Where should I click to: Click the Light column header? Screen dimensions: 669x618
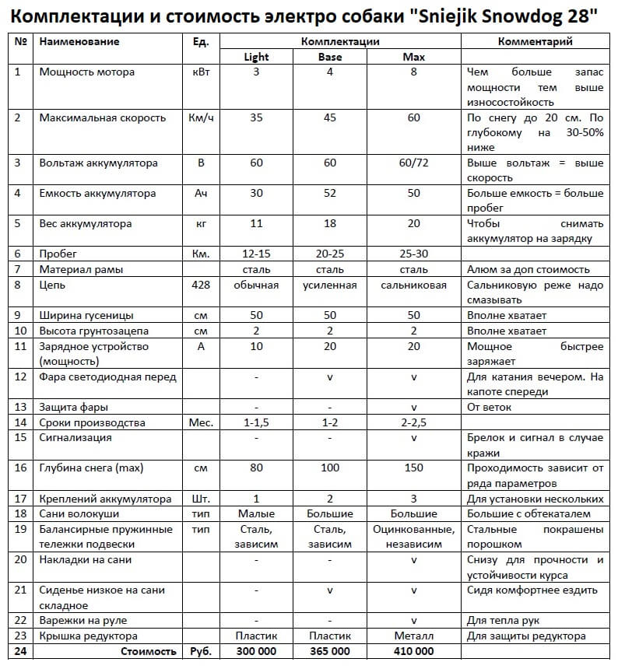[x=256, y=57]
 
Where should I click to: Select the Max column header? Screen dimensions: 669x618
[x=413, y=57]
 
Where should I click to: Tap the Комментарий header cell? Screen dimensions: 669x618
[x=535, y=41]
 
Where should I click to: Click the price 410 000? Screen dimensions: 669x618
[x=413, y=651]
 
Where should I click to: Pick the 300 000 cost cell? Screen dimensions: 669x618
[x=256, y=651]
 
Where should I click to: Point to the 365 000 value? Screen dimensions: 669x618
[x=330, y=651]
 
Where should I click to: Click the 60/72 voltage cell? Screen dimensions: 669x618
[x=413, y=163]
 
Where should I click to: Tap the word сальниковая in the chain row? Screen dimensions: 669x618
[x=413, y=285]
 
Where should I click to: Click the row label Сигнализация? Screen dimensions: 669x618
[x=75, y=437]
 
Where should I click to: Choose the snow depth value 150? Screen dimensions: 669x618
[x=413, y=468]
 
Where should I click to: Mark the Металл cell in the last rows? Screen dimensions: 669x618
[x=413, y=636]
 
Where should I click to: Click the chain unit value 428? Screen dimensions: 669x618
[x=201, y=285]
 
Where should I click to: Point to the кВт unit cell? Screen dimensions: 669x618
[x=201, y=72]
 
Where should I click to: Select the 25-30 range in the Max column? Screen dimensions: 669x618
[x=413, y=254]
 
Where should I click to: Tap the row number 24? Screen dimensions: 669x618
[x=19, y=651]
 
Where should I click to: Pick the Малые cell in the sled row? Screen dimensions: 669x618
[x=256, y=513]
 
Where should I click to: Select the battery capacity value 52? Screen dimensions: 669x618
[x=330, y=194]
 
